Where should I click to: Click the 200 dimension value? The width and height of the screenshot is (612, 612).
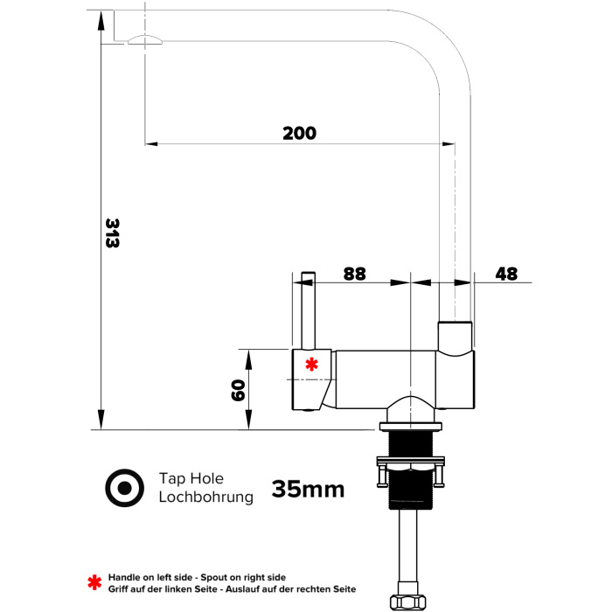[x=299, y=133]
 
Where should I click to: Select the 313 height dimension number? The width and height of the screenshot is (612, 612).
[x=112, y=233]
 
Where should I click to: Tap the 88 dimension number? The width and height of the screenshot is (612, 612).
[x=354, y=274]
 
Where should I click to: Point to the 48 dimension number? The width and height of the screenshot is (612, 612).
[x=506, y=274]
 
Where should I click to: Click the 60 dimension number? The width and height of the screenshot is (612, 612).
[x=238, y=390]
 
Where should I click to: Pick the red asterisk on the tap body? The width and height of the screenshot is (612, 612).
[x=311, y=365]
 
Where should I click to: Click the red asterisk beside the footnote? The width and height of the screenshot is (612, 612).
[x=94, y=582]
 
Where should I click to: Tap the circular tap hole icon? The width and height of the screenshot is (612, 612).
[x=124, y=488]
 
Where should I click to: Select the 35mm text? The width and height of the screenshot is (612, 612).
[x=308, y=489]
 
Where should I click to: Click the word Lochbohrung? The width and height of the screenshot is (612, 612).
[x=205, y=497]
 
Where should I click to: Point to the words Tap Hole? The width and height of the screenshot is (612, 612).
[x=191, y=478]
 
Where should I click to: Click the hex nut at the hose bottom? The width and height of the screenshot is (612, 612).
[x=407, y=602]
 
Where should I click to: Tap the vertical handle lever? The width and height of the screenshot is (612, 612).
[x=309, y=310]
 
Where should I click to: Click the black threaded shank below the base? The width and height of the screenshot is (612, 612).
[x=411, y=470]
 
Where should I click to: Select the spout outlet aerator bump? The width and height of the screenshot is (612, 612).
[x=145, y=40]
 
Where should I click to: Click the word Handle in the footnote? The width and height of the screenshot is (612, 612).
[x=122, y=577]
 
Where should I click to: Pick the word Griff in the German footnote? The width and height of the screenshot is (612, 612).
[x=118, y=589]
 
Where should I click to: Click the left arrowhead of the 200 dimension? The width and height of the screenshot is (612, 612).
[x=151, y=143]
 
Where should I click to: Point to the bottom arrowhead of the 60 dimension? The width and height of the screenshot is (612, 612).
[x=249, y=420]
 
